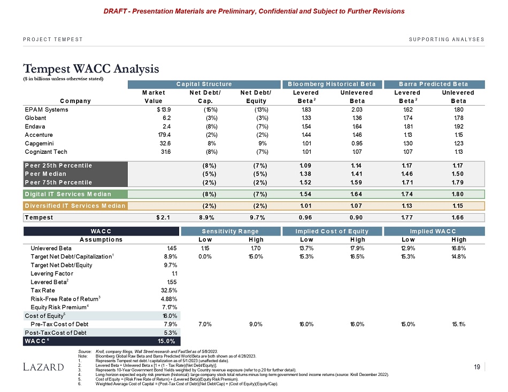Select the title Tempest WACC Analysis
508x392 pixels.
[91, 69]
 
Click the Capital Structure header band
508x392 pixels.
[205, 84]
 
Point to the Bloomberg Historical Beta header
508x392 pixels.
[332, 84]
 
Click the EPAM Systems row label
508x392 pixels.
[47, 109]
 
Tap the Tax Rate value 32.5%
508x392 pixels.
[168, 289]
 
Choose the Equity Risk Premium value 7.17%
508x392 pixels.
[168, 307]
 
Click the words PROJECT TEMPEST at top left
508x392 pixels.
[52, 40]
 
